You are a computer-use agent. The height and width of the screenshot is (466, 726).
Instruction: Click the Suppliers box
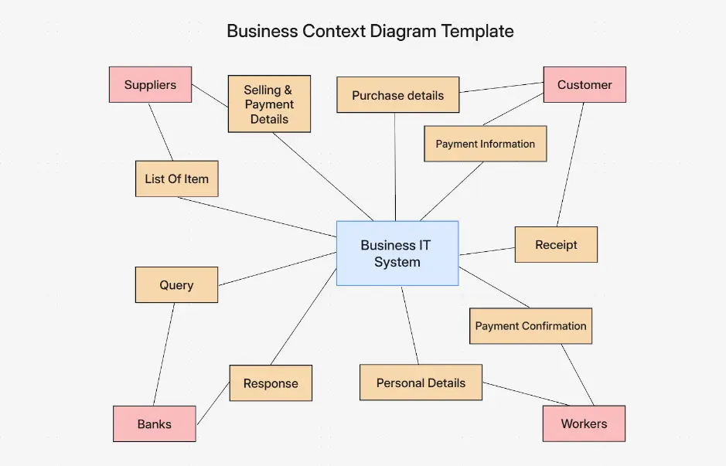coord(150,85)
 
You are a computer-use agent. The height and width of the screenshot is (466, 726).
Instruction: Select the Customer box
coord(585,85)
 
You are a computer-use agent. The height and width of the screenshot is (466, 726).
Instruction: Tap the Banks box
coord(154,424)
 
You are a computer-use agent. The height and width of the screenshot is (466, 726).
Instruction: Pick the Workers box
coord(584,423)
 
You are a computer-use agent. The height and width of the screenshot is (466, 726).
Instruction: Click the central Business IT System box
coord(397,253)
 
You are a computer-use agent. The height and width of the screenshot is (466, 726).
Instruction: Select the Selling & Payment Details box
coord(269,104)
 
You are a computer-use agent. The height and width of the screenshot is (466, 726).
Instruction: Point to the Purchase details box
coord(397,96)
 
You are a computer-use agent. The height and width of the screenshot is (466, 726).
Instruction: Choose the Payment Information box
coord(485,144)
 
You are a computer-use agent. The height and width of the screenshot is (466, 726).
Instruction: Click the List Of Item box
coord(176,179)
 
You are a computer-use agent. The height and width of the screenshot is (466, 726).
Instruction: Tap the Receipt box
coord(556,245)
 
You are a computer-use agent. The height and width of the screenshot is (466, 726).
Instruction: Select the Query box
coord(176,285)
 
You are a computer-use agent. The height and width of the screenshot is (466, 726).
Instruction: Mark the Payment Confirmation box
coord(530,326)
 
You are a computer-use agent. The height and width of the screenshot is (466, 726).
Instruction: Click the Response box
coord(271,383)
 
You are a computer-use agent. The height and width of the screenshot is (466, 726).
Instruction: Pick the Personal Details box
coord(421,383)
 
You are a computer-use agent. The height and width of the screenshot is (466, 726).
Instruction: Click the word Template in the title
coord(477,32)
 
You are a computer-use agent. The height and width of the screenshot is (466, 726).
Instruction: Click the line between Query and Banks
coord(164,354)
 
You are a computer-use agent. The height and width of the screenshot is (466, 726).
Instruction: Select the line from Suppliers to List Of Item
coord(161,132)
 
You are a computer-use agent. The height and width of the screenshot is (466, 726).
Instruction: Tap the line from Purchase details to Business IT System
coord(395,166)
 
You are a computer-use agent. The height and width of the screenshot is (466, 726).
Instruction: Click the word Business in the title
coord(263,32)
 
